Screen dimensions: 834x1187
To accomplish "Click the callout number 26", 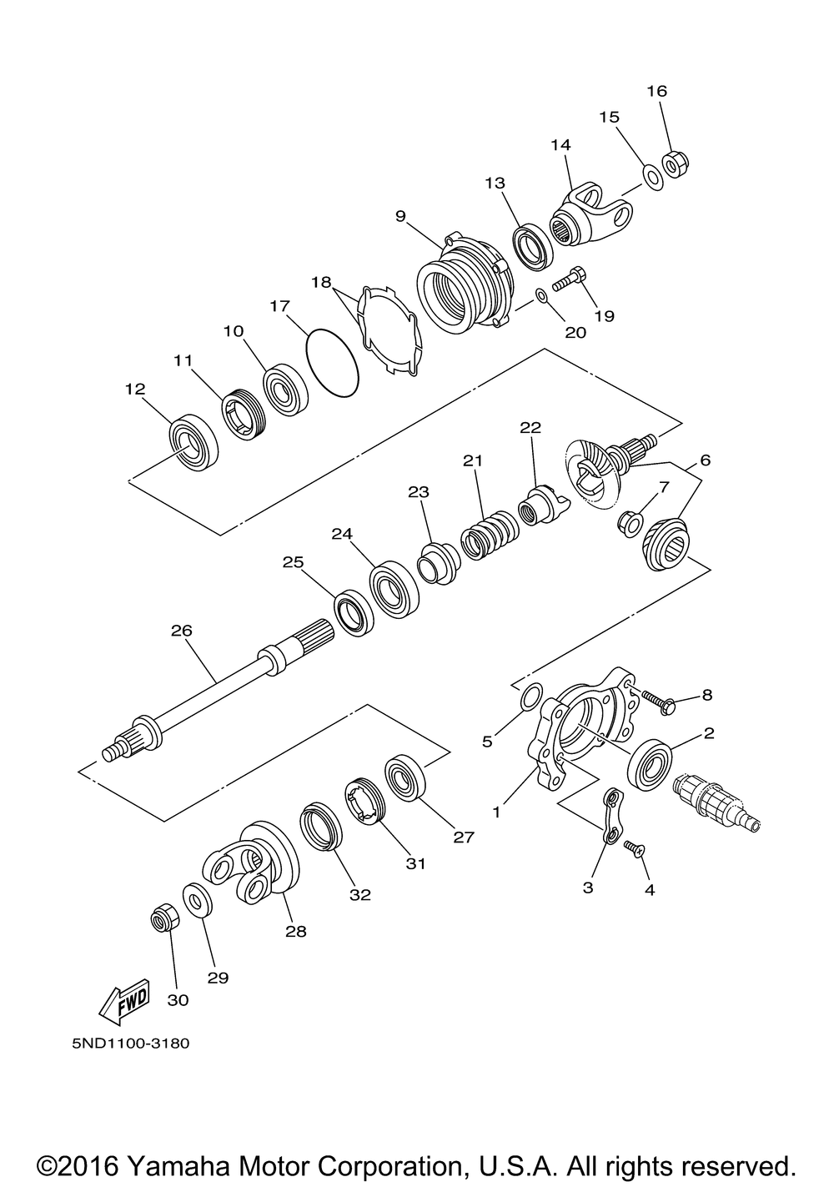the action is point(181,631).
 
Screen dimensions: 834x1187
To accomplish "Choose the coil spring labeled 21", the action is point(485,536).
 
